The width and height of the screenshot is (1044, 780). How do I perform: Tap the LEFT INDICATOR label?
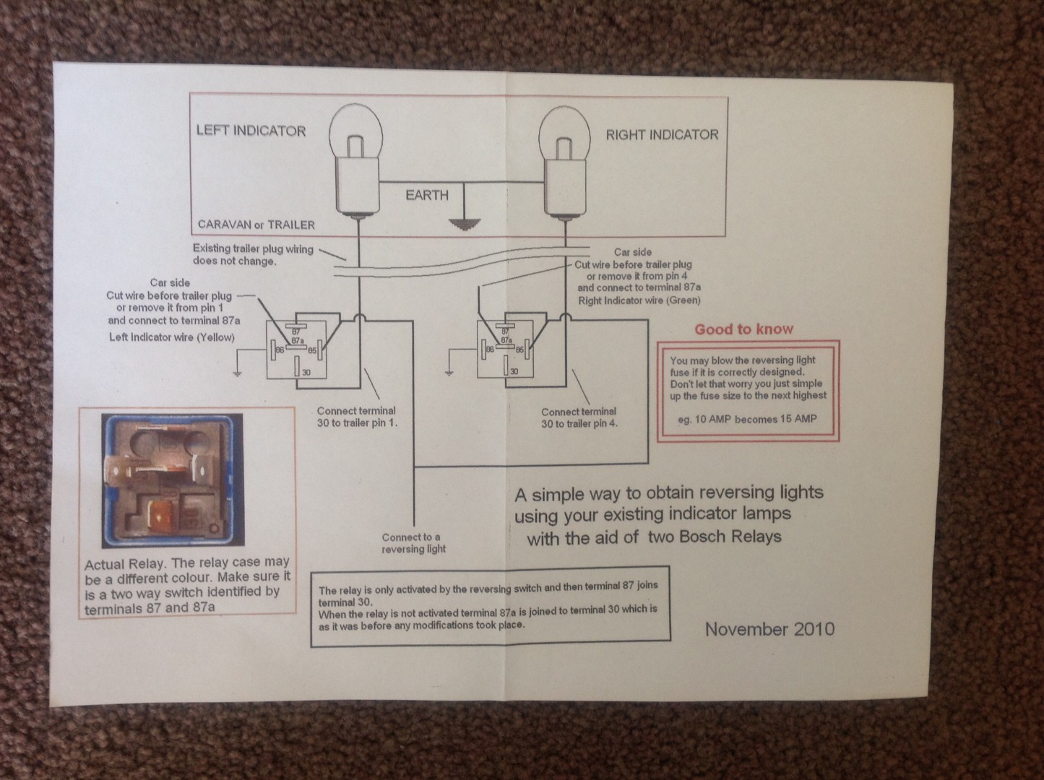pyautogui.click(x=251, y=131)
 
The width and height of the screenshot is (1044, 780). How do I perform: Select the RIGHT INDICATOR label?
pyautogui.click(x=662, y=134)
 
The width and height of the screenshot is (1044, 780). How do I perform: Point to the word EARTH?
pyautogui.click(x=426, y=195)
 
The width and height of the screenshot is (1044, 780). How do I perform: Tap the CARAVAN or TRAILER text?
pyautogui.click(x=256, y=225)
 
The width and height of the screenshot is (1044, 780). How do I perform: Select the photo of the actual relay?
pyautogui.click(x=173, y=480)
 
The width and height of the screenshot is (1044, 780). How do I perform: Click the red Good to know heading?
pyautogui.click(x=743, y=329)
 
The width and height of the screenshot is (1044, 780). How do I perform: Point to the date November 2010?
pyautogui.click(x=769, y=628)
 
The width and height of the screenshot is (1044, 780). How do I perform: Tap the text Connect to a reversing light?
pyautogui.click(x=413, y=543)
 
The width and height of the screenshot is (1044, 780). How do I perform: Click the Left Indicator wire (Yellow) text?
pyautogui.click(x=172, y=337)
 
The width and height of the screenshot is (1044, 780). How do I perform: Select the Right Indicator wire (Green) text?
pyautogui.click(x=639, y=300)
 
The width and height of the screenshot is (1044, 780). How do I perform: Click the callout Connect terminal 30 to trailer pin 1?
pyautogui.click(x=357, y=417)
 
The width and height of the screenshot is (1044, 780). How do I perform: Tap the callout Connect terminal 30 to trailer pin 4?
pyautogui.click(x=579, y=418)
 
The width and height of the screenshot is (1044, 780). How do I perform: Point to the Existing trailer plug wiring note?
pyautogui.click(x=253, y=254)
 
